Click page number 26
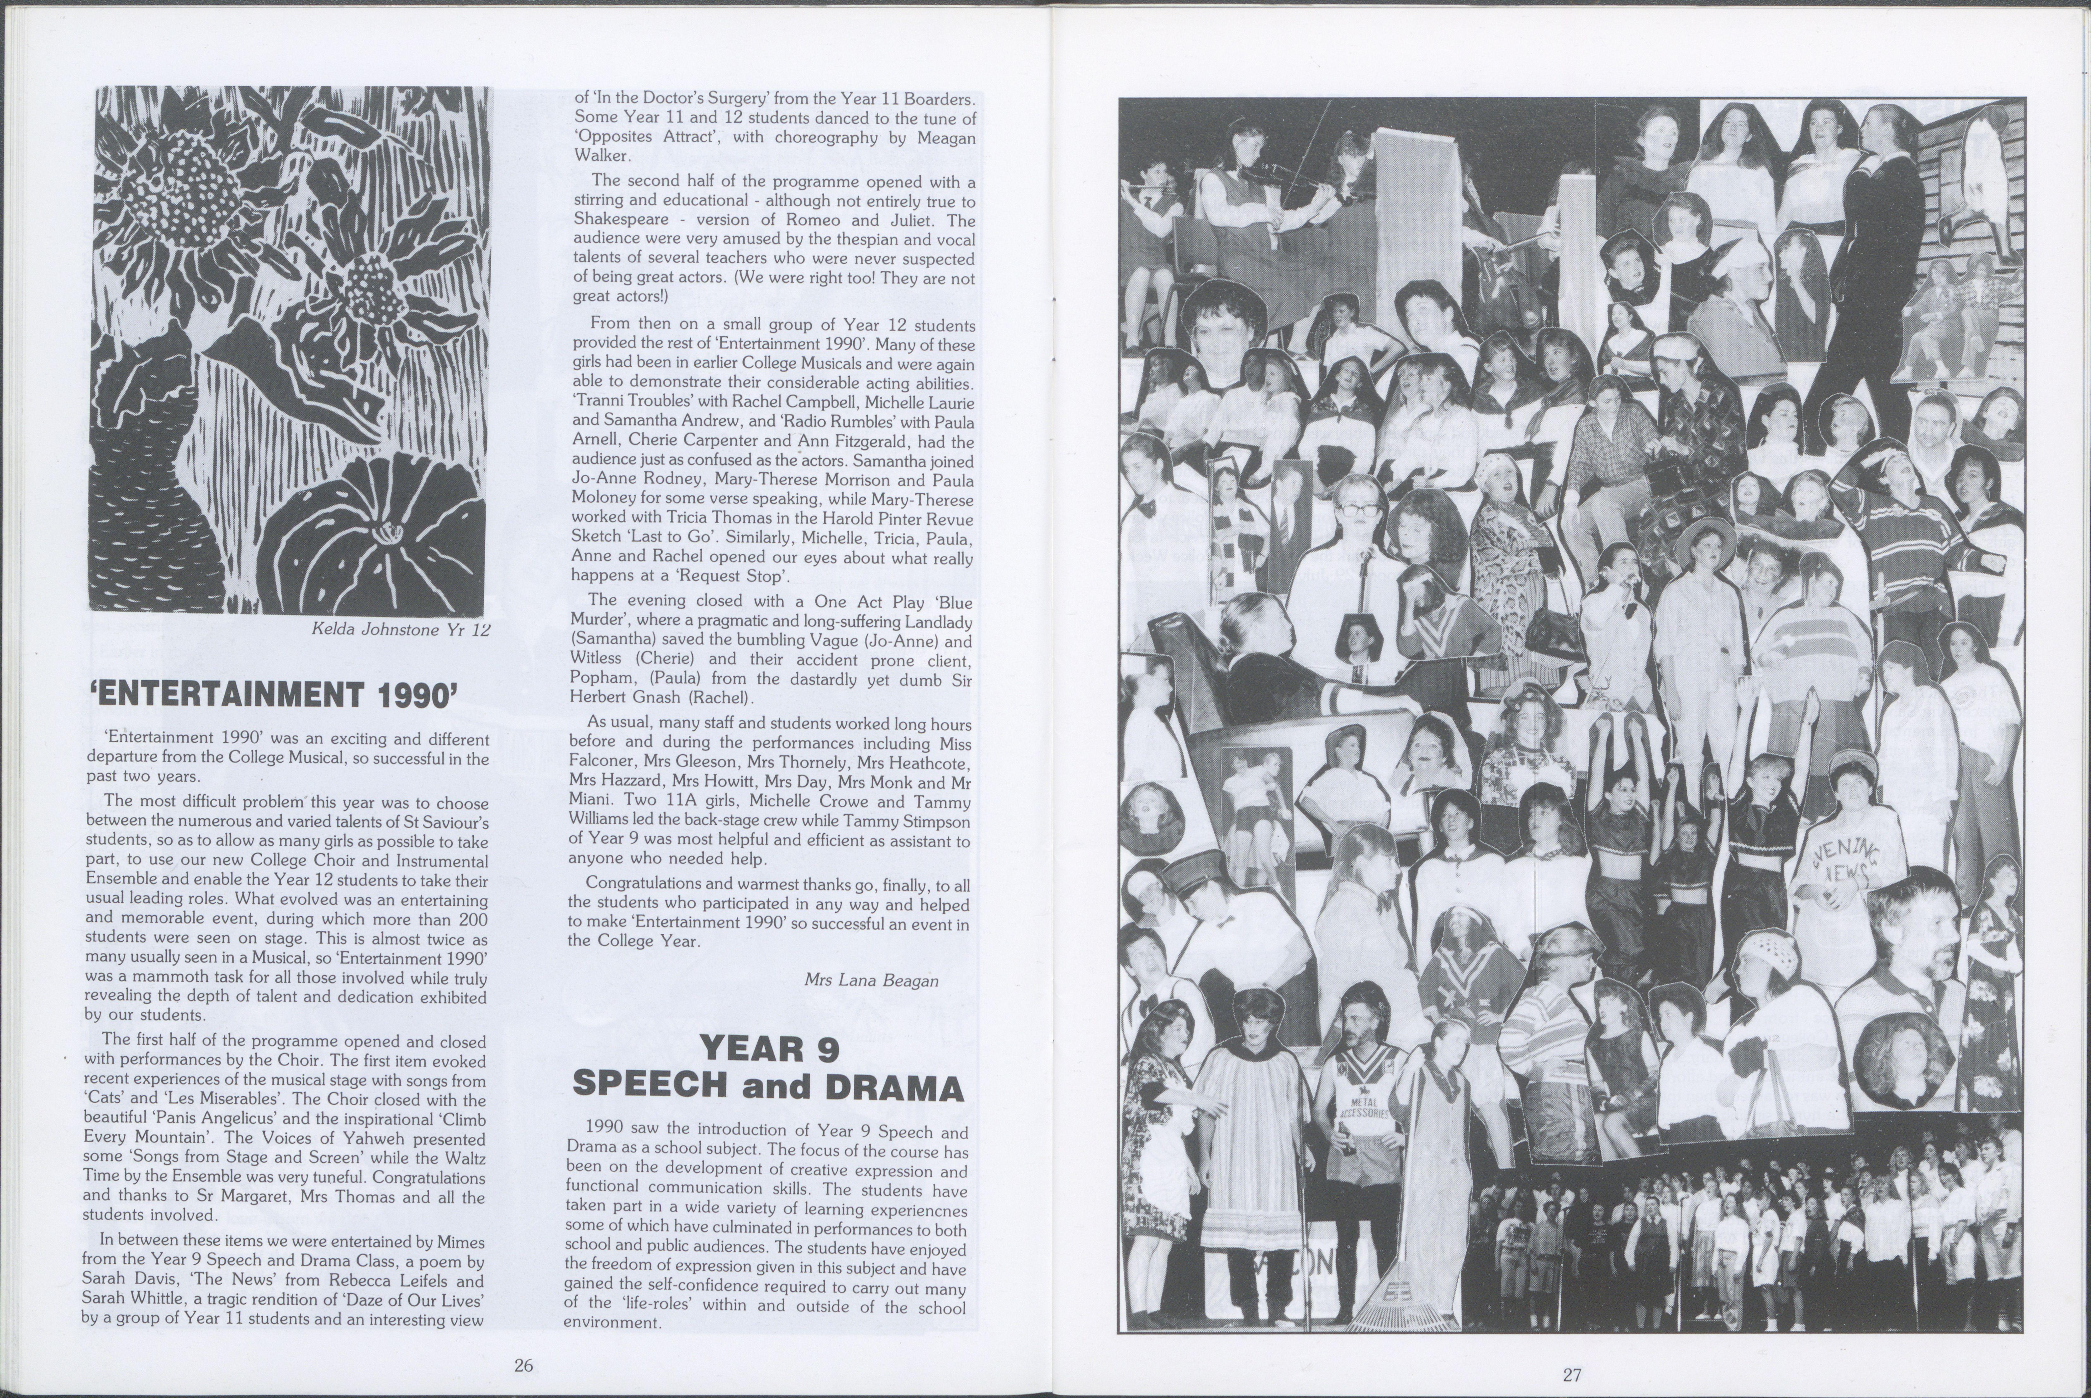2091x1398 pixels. coord(523,1365)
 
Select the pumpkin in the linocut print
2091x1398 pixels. coord(375,535)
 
